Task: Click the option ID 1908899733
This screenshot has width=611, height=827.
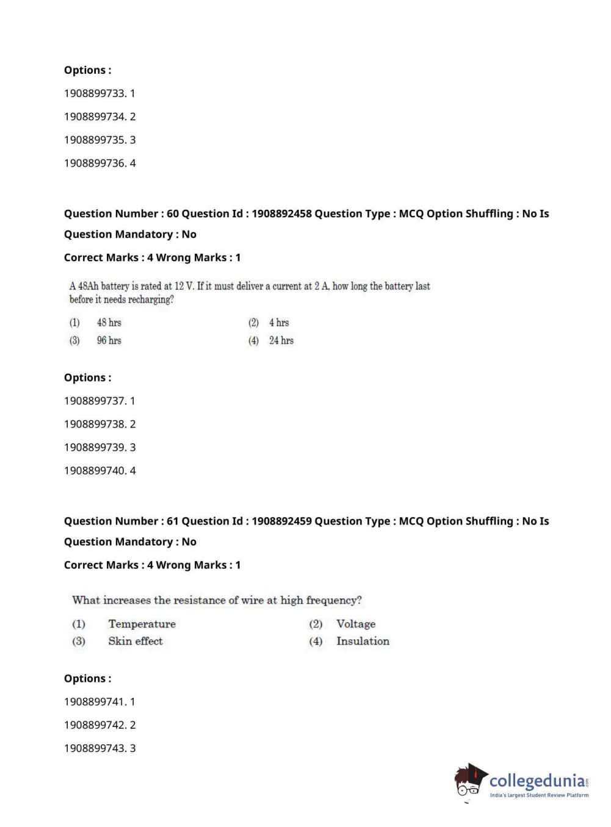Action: click(95, 93)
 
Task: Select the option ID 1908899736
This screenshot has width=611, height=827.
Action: click(95, 163)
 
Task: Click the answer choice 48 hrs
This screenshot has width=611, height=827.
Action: click(109, 323)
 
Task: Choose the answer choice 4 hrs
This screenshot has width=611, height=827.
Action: click(279, 323)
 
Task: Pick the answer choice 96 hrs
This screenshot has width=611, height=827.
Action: click(109, 340)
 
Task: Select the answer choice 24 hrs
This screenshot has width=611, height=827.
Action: click(281, 340)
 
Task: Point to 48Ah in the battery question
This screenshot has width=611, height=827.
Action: click(88, 286)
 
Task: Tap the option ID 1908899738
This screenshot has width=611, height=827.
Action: click(95, 424)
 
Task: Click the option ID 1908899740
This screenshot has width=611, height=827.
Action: click(95, 470)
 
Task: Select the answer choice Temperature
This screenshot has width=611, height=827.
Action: click(142, 624)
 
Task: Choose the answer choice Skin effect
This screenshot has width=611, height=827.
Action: click(136, 641)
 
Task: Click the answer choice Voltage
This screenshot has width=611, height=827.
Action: click(356, 624)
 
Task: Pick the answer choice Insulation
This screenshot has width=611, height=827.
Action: click(363, 641)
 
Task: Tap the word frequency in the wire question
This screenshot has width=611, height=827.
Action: click(333, 600)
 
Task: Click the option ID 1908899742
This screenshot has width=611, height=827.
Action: click(95, 725)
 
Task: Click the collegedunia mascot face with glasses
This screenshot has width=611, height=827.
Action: click(468, 784)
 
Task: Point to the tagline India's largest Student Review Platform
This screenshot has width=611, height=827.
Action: click(539, 795)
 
